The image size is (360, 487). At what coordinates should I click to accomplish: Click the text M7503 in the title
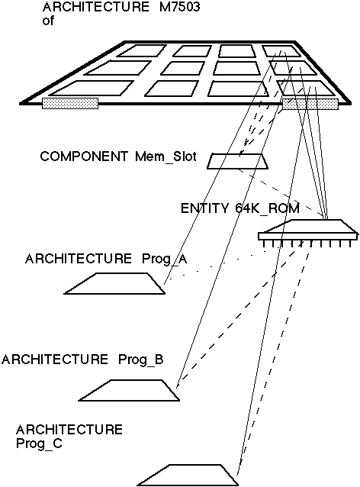pyautogui.click(x=179, y=7)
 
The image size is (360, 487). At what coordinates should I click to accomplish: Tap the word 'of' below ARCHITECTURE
pyautogui.click(x=48, y=21)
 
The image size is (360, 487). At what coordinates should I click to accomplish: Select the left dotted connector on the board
pyautogui.click(x=70, y=103)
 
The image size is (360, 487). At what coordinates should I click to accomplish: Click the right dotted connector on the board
pyautogui.click(x=310, y=104)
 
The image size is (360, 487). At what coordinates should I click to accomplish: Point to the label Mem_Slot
pyautogui.click(x=166, y=156)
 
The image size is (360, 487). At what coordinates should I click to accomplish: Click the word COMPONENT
pyautogui.click(x=84, y=156)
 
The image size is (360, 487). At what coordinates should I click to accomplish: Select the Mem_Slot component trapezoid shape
pyautogui.click(x=237, y=161)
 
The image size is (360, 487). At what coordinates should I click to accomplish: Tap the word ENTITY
pyautogui.click(x=204, y=208)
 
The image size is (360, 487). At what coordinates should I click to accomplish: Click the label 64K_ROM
pyautogui.click(x=268, y=208)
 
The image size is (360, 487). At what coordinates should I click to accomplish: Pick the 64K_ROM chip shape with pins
pyautogui.click(x=308, y=234)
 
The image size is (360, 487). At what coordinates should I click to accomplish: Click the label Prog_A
pyautogui.click(x=165, y=259)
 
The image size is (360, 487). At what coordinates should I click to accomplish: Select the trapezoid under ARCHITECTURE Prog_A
pyautogui.click(x=114, y=283)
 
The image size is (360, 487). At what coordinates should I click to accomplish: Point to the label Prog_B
pyautogui.click(x=141, y=360)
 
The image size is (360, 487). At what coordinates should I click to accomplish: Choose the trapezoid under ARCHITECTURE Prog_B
pyautogui.click(x=129, y=390)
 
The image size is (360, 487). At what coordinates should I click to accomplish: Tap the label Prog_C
pyautogui.click(x=39, y=443)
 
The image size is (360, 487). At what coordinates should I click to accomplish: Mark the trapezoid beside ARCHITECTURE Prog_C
pyautogui.click(x=188, y=476)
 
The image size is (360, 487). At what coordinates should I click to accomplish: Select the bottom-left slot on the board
pyautogui.click(x=92, y=89)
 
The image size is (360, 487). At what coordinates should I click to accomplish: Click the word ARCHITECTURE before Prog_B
pyautogui.click(x=55, y=360)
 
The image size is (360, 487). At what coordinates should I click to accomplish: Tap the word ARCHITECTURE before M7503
pyautogui.click(x=96, y=7)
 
